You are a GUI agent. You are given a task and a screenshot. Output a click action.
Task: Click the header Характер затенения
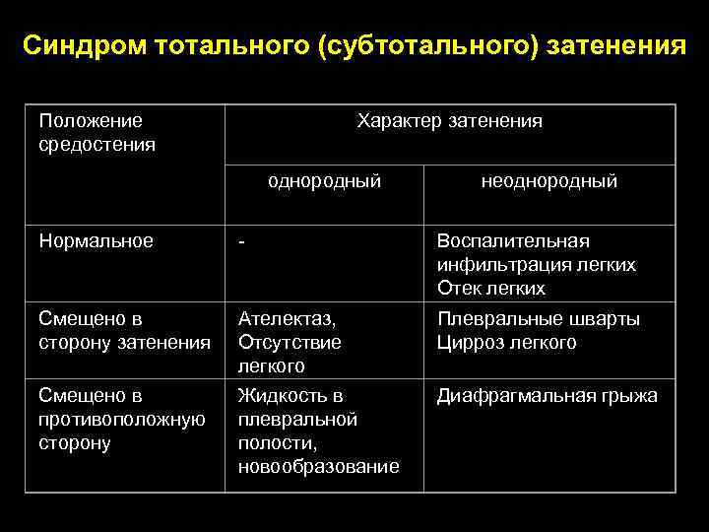(x=450, y=121)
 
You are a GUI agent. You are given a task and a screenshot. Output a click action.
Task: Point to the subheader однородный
(x=324, y=181)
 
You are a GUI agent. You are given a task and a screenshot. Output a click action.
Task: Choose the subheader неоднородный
(x=548, y=181)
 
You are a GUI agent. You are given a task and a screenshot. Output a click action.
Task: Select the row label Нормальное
(x=96, y=241)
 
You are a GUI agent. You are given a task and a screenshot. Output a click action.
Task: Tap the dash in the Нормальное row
(x=241, y=241)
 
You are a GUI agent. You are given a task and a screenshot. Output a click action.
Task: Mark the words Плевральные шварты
(x=538, y=319)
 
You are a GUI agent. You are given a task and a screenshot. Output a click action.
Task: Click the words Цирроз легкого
(x=506, y=343)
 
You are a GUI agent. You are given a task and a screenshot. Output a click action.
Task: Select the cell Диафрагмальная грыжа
(x=548, y=396)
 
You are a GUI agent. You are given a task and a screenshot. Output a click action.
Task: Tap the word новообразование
(x=318, y=467)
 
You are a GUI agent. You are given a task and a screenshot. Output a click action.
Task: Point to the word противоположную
(x=120, y=420)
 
